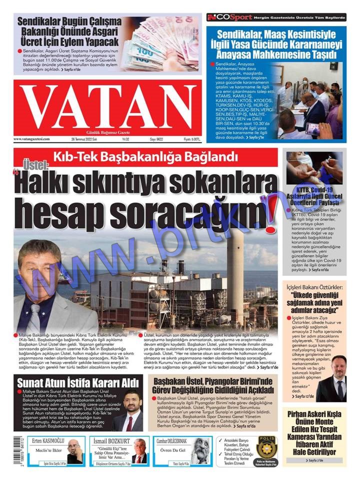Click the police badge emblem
point(265,446)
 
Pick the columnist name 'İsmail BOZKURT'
point(111,441)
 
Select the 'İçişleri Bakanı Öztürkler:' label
point(314,287)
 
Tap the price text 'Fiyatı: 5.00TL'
point(191,139)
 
